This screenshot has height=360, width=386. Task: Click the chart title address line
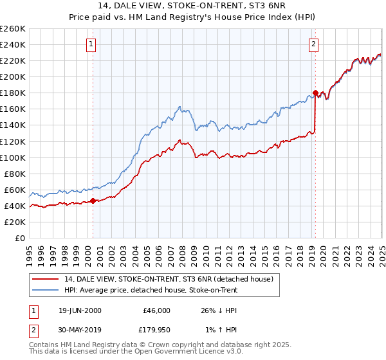(193, 6)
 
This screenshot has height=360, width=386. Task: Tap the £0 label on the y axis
(21, 238)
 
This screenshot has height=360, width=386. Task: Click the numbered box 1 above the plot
(91, 44)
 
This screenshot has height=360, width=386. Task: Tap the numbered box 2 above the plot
(313, 44)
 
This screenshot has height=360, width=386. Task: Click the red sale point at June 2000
(93, 201)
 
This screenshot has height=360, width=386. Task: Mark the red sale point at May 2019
(315, 93)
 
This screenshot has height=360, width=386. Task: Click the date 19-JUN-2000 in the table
(80, 310)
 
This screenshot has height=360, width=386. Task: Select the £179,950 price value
(153, 330)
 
